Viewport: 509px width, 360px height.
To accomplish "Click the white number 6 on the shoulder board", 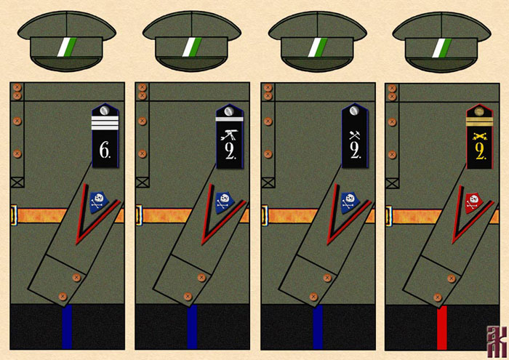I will click(105, 151).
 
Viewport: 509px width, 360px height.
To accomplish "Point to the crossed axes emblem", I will click(355, 133).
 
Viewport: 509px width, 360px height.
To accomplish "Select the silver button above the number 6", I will click(105, 111).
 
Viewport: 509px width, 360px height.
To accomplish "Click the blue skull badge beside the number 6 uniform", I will click(99, 199).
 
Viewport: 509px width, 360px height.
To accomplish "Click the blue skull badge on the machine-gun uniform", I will click(224, 199).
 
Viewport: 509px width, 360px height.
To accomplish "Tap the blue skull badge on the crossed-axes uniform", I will click(349, 199).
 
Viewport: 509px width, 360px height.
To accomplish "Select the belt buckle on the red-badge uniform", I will click(389, 215).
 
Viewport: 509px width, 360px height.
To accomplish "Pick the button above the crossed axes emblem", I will click(355, 111).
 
